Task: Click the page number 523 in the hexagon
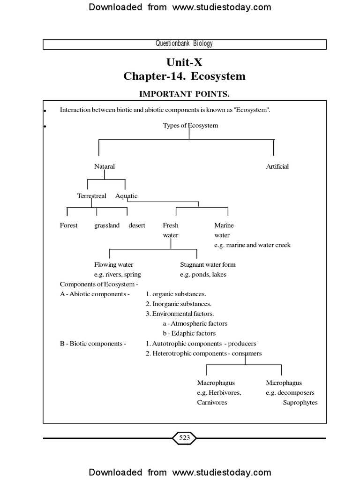pos(184,438)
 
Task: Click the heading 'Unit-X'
pos(184,62)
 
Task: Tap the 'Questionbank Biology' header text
pos(184,44)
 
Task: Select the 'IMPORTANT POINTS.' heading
pos(184,94)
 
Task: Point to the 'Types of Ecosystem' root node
pos(190,125)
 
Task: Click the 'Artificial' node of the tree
pos(277,166)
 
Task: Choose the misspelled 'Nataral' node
pos(105,166)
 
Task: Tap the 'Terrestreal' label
pos(92,196)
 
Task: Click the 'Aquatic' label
pos(127,196)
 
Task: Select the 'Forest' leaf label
pos(69,225)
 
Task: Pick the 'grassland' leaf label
pos(107,225)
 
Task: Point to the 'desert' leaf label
pos(137,225)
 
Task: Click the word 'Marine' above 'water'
pos(224,225)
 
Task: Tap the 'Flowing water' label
pos(114,265)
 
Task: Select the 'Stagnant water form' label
pos(208,265)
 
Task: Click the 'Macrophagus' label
pos(216,383)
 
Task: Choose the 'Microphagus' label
pos(284,383)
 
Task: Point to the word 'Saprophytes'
pos(300,403)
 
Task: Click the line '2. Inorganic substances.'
pos(178,304)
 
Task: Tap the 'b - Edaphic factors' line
pos(189,333)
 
